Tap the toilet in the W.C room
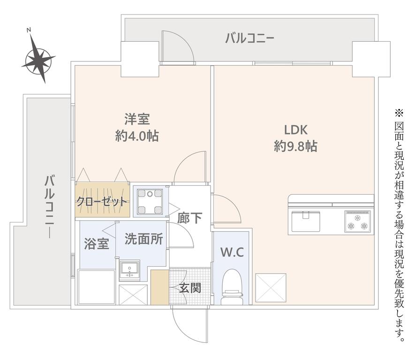232,287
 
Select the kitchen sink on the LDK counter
306,221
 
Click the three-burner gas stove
357,221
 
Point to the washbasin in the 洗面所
129,270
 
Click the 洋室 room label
137,119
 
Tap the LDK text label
295,130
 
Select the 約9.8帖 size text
295,146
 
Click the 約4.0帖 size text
137,136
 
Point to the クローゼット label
102,202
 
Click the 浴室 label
97,244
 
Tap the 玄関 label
190,288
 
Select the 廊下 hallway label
189,218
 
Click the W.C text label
232,252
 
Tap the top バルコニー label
249,38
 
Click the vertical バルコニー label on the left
49,207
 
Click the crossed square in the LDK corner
271,288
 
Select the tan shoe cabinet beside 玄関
160,287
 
